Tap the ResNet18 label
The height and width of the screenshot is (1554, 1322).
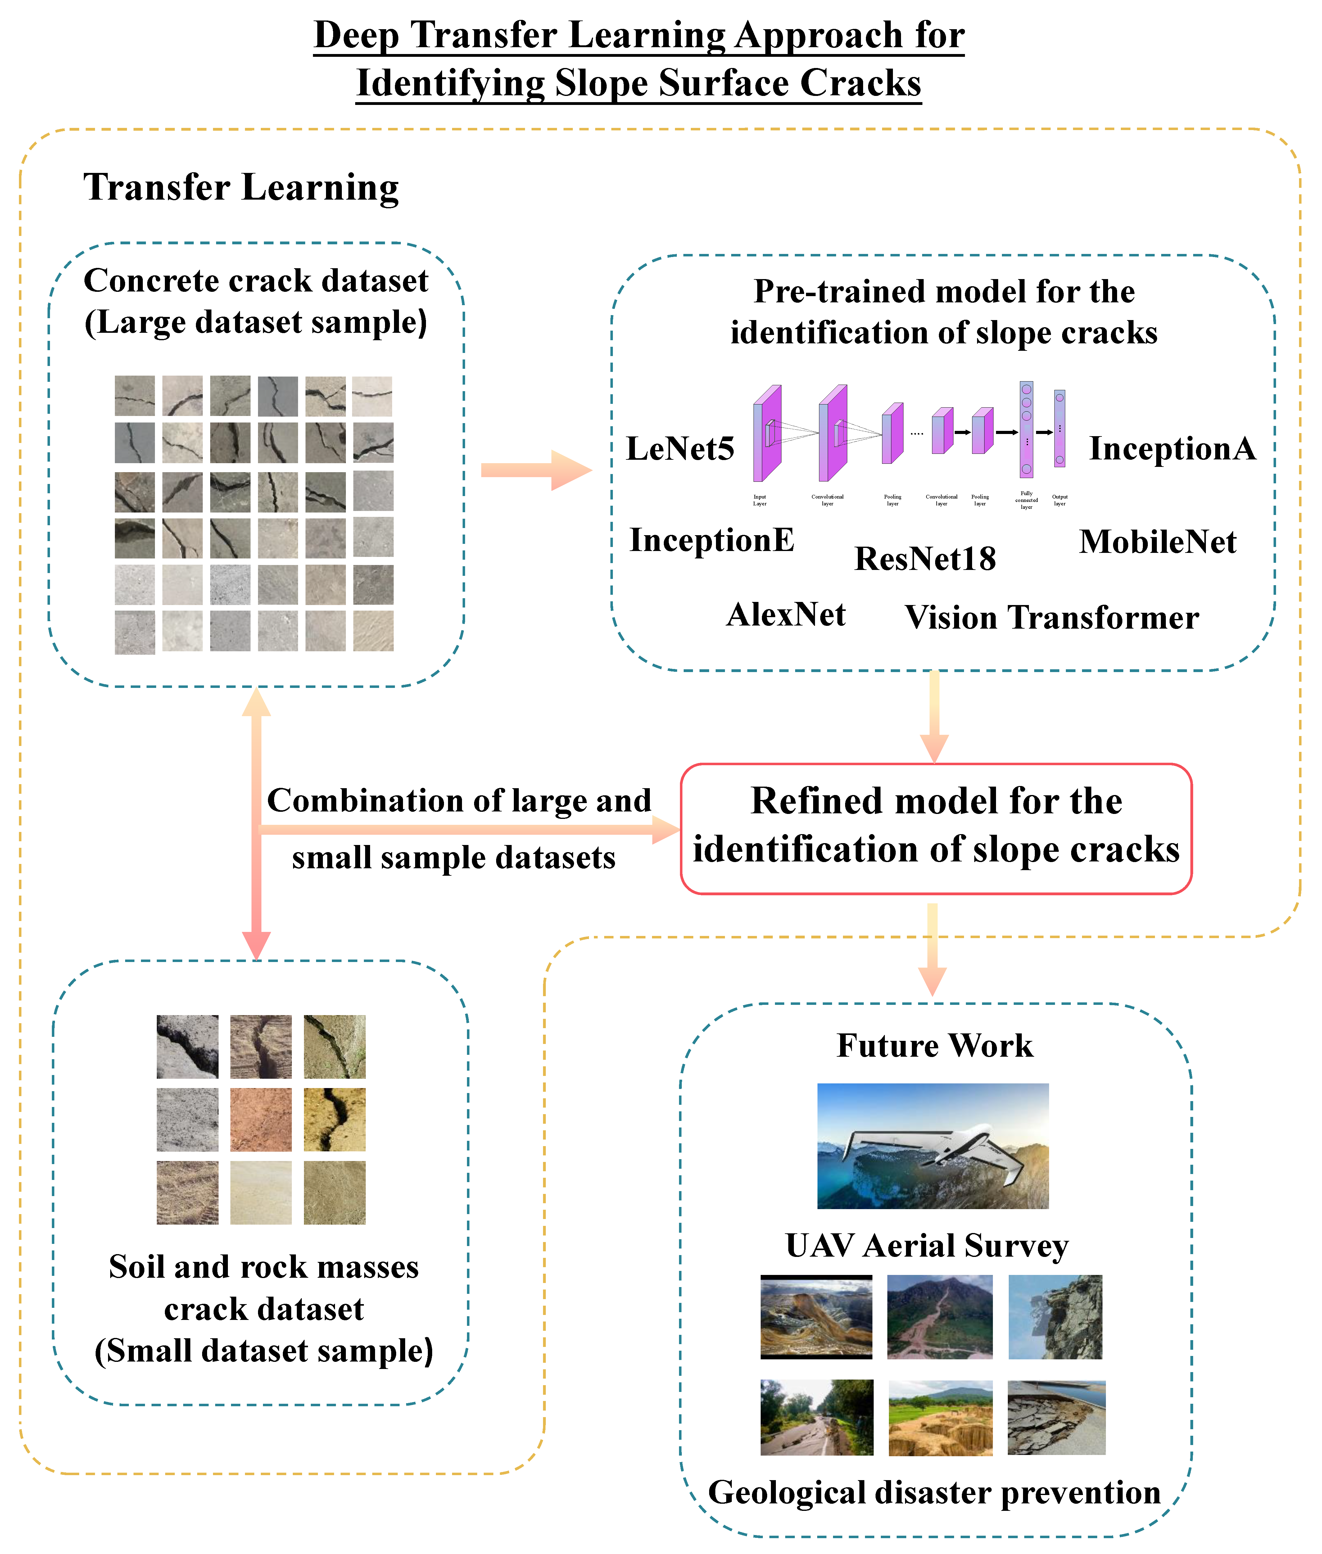coord(925,559)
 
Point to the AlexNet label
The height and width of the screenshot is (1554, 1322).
coord(786,615)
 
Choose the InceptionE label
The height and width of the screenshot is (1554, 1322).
coord(711,540)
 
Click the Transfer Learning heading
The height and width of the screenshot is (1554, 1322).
coord(241,187)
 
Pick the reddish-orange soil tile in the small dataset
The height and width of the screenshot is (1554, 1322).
coord(261,1119)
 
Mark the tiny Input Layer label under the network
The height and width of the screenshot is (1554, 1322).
coord(759,500)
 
